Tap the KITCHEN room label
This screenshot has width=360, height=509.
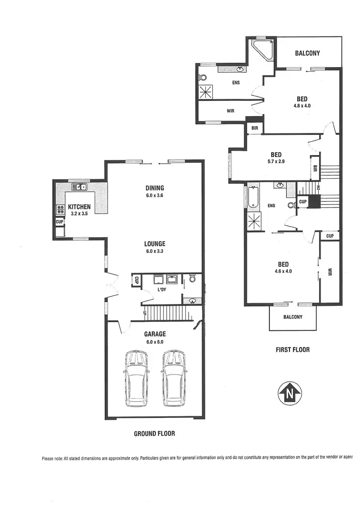pos(79,206)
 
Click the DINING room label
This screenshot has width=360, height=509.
pos(155,188)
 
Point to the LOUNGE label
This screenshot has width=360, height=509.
pos(155,243)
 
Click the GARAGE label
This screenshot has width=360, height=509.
pos(155,334)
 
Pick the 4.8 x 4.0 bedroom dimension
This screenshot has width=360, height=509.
pos(302,106)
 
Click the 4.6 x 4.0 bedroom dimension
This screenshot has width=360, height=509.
pos(283,271)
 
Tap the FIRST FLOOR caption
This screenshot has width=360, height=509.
pos(293,350)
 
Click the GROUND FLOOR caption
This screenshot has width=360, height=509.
pos(154,433)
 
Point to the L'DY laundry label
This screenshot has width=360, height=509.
pos(161,291)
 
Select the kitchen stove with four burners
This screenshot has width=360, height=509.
pos(61,209)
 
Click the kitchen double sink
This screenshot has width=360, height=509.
pos(79,187)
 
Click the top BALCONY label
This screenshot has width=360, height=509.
pos(307,53)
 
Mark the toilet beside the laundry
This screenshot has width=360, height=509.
pos(192,278)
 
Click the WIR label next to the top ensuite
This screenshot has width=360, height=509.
pos(230,111)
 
